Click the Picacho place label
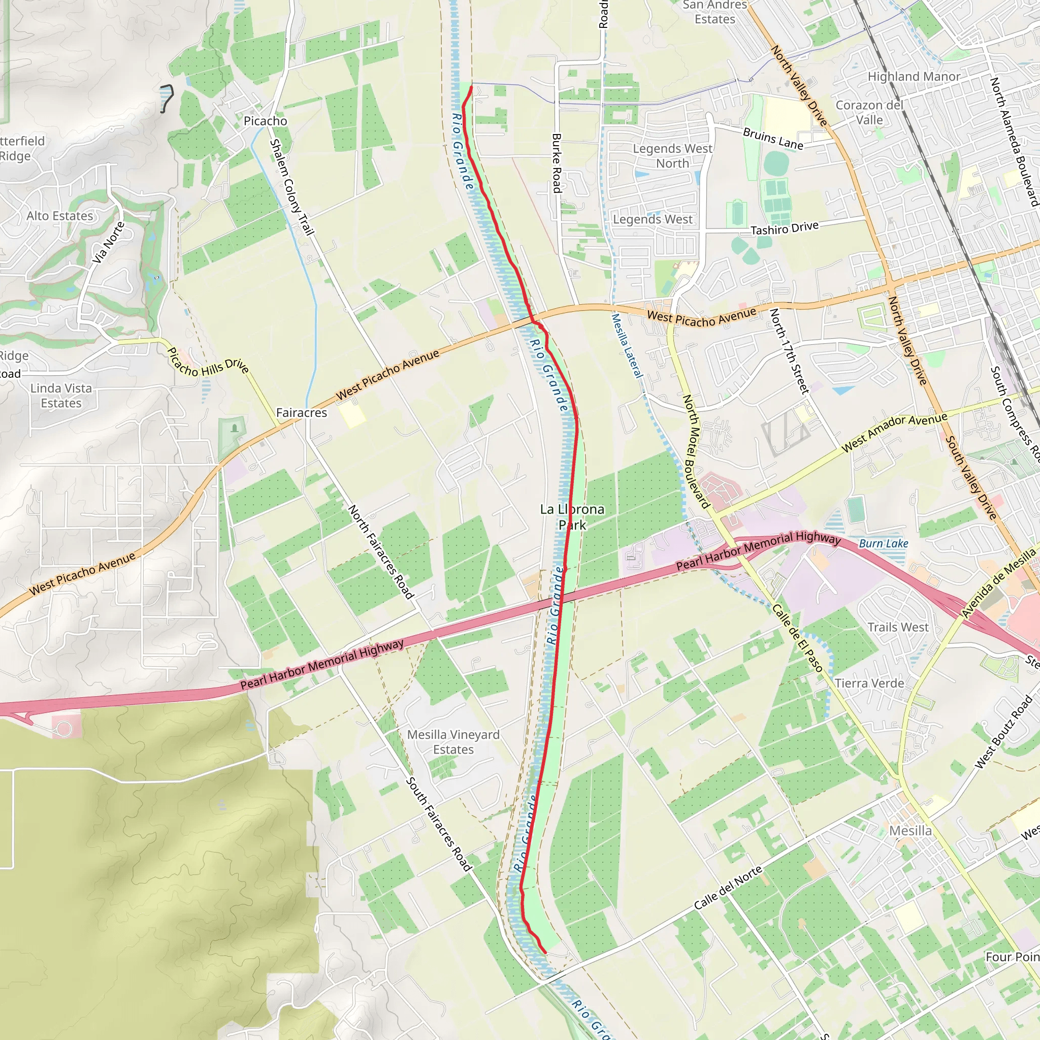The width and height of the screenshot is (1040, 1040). [266, 121]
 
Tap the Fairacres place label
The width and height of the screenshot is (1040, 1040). [302, 413]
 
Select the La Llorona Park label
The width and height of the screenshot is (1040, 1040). [572, 517]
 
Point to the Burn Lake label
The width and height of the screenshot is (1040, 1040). [884, 544]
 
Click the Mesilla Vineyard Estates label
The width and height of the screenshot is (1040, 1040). [453, 742]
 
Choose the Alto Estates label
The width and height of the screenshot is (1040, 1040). [60, 216]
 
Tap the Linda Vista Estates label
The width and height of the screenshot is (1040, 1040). [61, 396]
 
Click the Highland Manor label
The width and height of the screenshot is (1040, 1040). [914, 77]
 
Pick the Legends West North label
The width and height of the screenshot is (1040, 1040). [672, 155]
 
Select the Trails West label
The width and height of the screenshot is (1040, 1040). [898, 627]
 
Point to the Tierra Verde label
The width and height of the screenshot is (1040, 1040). [869, 683]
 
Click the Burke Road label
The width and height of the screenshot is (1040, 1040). [557, 164]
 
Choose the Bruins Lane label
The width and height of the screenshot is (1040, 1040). [773, 139]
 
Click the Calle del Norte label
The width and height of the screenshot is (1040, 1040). [728, 888]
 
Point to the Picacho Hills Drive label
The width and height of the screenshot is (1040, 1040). [208, 361]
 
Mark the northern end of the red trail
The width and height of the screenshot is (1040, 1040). [472, 87]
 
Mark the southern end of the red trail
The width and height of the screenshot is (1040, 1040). [545, 952]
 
